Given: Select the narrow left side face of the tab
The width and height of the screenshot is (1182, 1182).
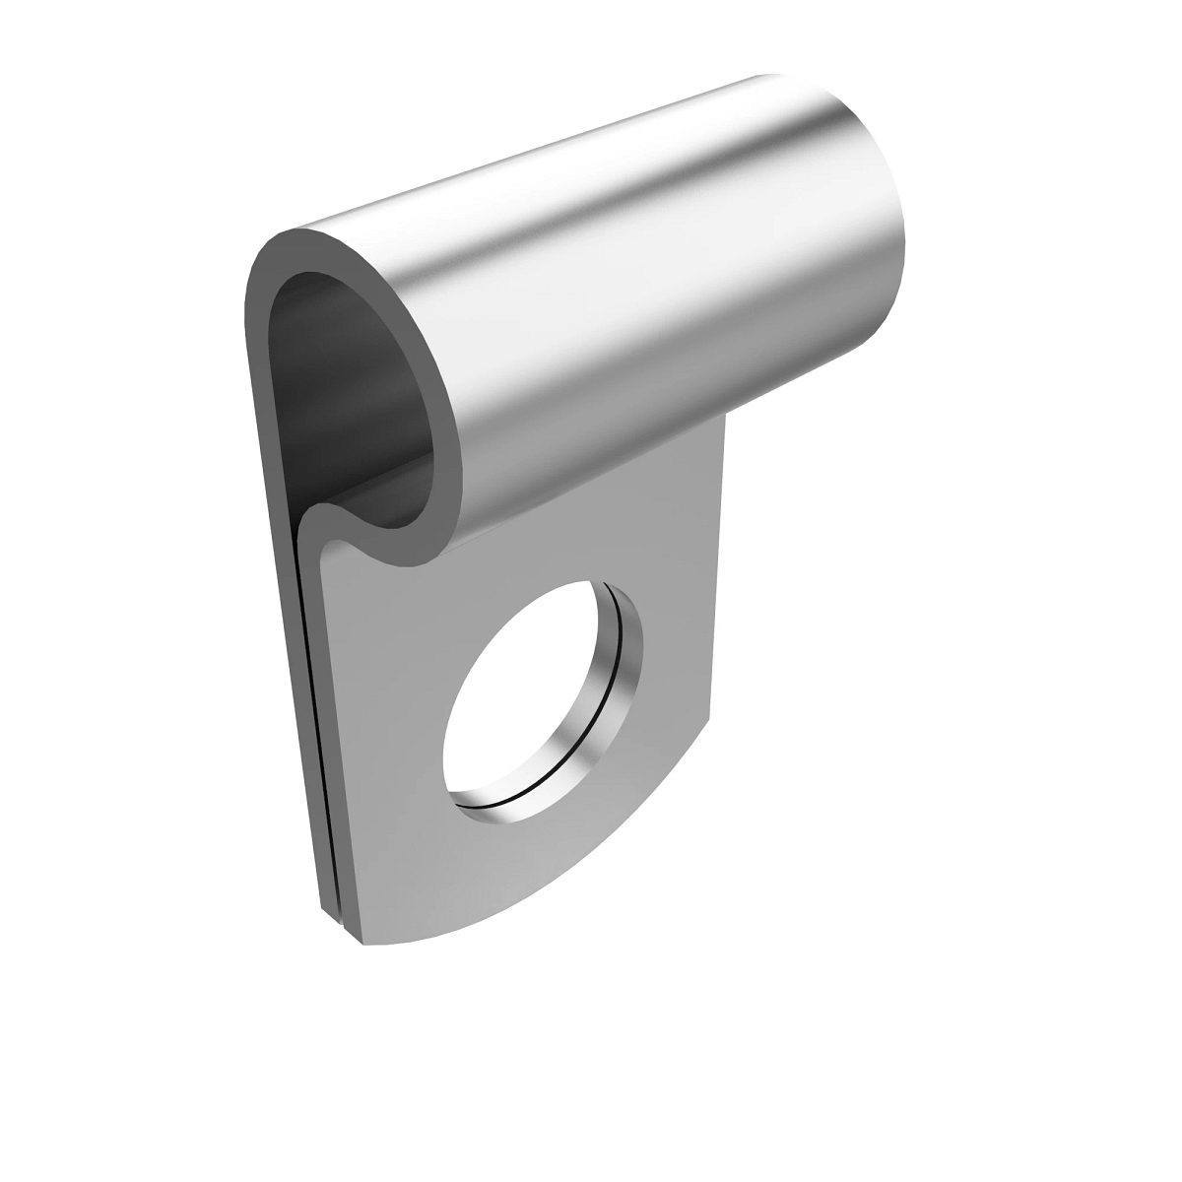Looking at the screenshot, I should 295,689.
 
